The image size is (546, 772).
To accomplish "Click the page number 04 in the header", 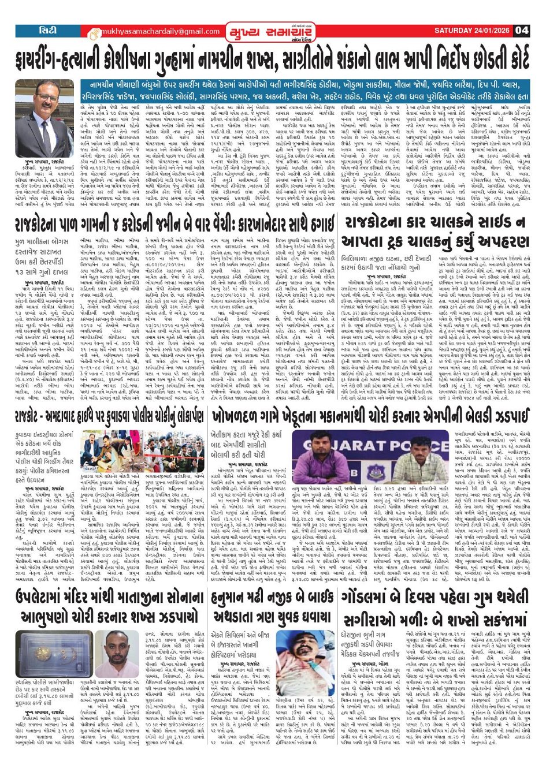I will (522, 31).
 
